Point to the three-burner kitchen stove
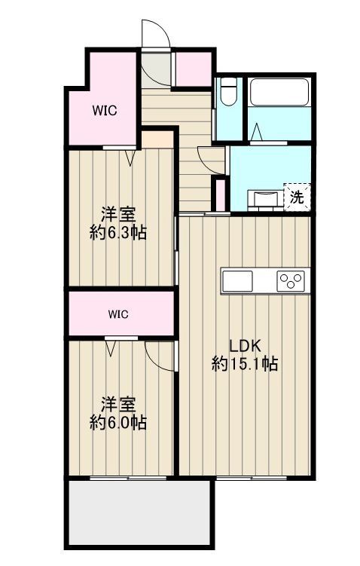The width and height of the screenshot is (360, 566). click(291, 280)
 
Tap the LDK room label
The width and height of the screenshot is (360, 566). click(245, 346)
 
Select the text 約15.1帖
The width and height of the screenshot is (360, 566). click(245, 365)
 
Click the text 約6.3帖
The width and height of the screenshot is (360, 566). click(118, 233)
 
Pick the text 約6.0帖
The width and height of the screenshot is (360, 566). click(118, 423)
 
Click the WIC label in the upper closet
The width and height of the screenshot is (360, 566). click(104, 111)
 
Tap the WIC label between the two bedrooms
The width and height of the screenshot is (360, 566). click(118, 313)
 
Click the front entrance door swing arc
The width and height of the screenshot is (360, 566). click(153, 35)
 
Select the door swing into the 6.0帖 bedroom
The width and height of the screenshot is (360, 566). click(160, 356)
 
